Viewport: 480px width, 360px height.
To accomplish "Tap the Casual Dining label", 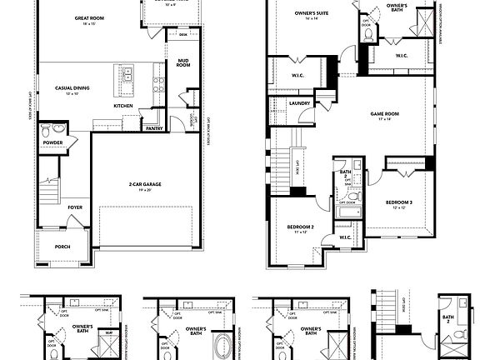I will tap(72, 87).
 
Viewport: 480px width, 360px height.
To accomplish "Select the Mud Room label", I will tap(183, 63).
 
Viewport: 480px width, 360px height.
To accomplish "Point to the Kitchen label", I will tap(122, 106).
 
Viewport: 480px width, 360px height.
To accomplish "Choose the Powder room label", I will tap(53, 143).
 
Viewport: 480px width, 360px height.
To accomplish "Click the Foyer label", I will tap(75, 207).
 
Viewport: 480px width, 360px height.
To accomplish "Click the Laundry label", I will tap(301, 104).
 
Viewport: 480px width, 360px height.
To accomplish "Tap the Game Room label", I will tap(384, 116).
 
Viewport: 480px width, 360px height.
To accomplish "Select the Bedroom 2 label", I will tap(301, 227).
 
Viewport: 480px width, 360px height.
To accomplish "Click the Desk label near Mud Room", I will tap(183, 35).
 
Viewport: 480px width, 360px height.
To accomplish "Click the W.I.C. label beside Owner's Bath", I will tap(399, 57).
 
